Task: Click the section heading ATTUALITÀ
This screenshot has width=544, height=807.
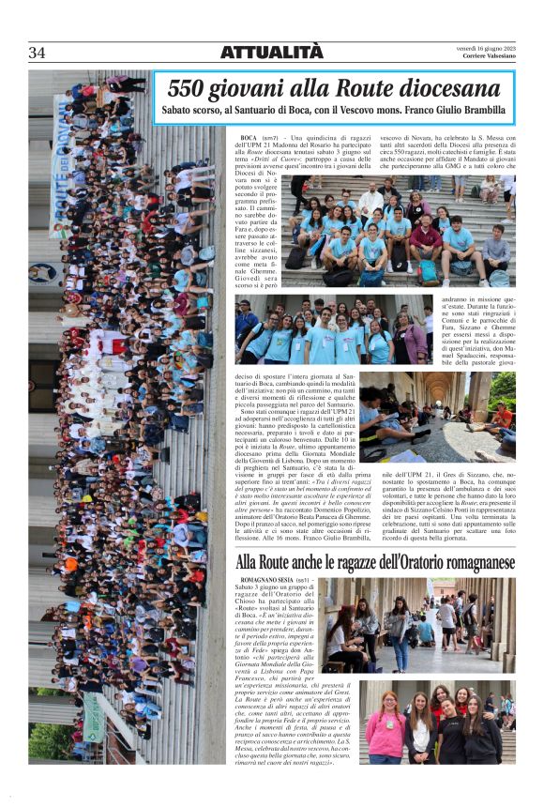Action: (x=271, y=53)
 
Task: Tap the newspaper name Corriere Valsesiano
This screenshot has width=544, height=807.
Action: (x=487, y=58)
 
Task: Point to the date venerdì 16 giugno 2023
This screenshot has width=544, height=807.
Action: (x=487, y=49)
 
